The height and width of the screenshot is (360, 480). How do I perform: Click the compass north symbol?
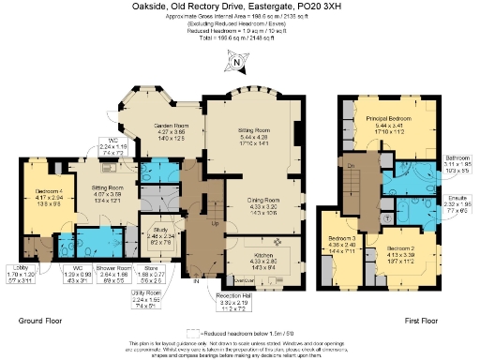tap(238, 64)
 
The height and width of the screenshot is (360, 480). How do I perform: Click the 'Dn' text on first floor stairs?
tap(350, 165)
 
